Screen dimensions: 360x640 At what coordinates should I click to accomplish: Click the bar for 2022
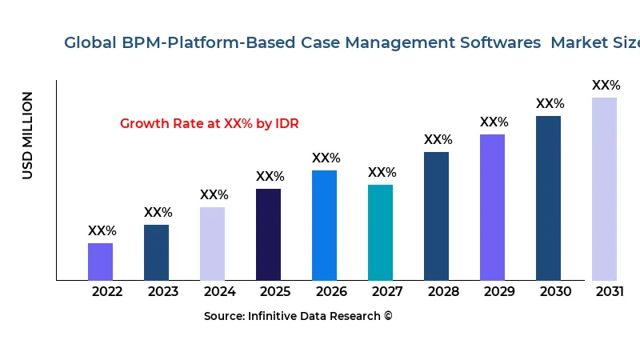(100, 262)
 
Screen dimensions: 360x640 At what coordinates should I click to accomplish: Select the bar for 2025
(268, 234)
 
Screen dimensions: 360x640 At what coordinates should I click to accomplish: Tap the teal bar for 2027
(380, 233)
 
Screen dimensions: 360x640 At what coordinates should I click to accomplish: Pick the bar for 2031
(604, 189)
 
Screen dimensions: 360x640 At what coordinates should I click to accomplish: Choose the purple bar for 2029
(492, 207)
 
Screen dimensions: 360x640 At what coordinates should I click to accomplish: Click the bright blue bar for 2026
(324, 226)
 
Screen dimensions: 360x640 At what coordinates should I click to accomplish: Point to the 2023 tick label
(163, 292)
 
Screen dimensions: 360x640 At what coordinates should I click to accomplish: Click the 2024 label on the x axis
(219, 292)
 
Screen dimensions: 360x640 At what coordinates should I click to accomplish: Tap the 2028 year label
(443, 292)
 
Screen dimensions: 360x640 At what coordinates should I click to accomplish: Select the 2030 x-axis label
(555, 292)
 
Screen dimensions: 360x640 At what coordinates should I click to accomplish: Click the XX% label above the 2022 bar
(102, 231)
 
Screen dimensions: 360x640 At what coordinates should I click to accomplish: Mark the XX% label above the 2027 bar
(382, 173)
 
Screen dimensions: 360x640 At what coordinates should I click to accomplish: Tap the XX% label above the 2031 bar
(606, 86)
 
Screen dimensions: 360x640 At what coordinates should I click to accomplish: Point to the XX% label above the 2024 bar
(214, 195)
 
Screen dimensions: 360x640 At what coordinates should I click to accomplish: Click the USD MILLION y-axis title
(28, 135)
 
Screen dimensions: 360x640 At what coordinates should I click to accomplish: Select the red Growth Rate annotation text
(210, 124)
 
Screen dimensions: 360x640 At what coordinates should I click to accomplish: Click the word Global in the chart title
(90, 43)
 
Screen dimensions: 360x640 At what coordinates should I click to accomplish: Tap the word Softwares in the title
(501, 43)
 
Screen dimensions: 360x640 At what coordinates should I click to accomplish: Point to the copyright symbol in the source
(388, 316)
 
